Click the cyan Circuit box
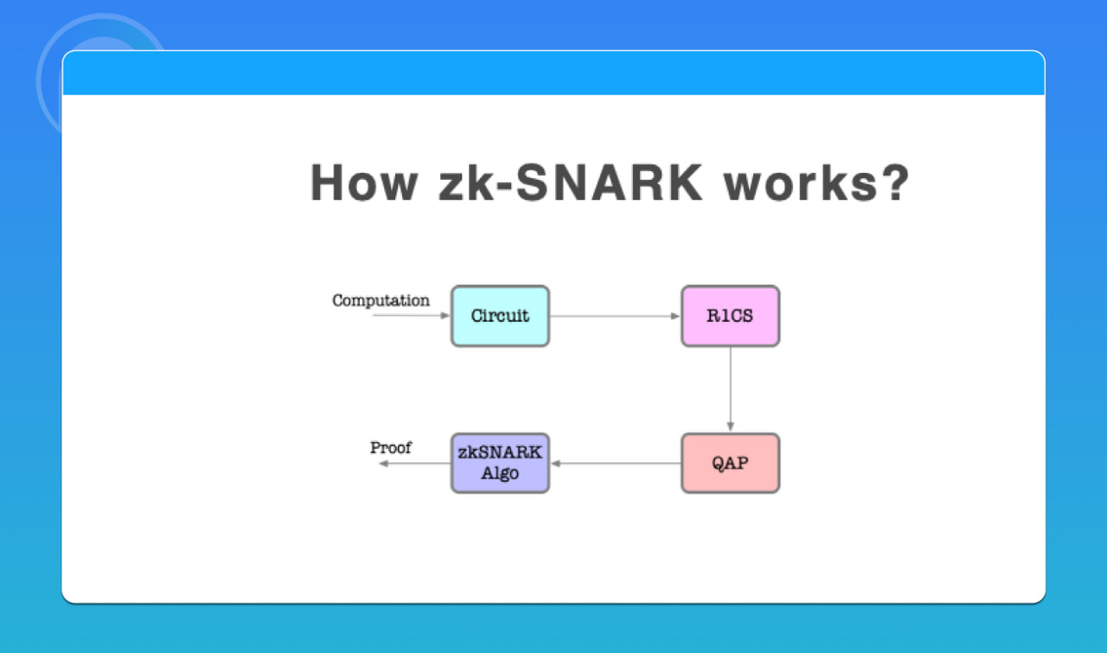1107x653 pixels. [500, 317]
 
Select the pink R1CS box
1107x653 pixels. [730, 317]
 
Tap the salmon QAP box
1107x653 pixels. [730, 464]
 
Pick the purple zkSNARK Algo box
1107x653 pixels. [500, 464]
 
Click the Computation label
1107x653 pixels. [381, 301]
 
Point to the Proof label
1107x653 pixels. [391, 448]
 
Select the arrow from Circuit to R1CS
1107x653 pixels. [615, 317]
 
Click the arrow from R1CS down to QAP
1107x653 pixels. [730, 389]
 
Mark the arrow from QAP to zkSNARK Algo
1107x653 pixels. [615, 464]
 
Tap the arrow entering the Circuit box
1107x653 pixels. [412, 316]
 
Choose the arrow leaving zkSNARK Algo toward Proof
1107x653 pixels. [415, 464]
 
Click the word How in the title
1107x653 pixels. [365, 183]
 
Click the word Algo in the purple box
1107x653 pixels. [500, 474]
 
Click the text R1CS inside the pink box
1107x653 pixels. [730, 317]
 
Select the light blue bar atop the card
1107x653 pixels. [553, 74]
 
